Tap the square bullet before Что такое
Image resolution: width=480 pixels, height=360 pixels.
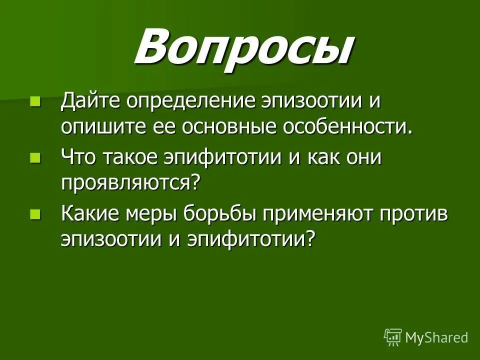pyautogui.click(x=35, y=158)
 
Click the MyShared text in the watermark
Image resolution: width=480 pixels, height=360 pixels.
pyautogui.click(x=436, y=337)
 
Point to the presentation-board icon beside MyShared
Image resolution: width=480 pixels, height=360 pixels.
pyautogui.click(x=393, y=337)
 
